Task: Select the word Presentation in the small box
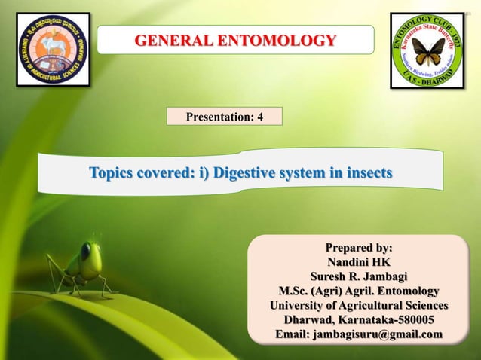tap(218, 117)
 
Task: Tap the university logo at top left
tap(52, 50)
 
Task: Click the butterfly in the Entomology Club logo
tap(427, 51)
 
